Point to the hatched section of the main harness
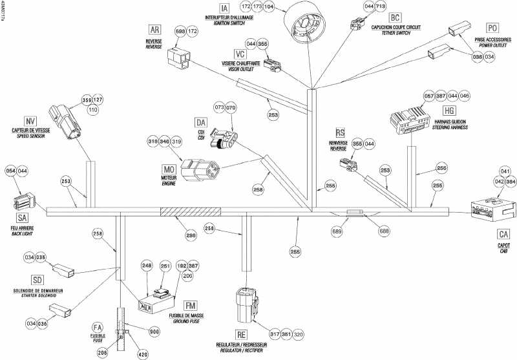(190, 211)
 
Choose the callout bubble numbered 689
(337, 231)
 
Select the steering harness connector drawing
(408, 120)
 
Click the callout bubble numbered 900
(154, 332)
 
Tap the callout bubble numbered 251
(165, 266)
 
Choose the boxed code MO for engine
(169, 169)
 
